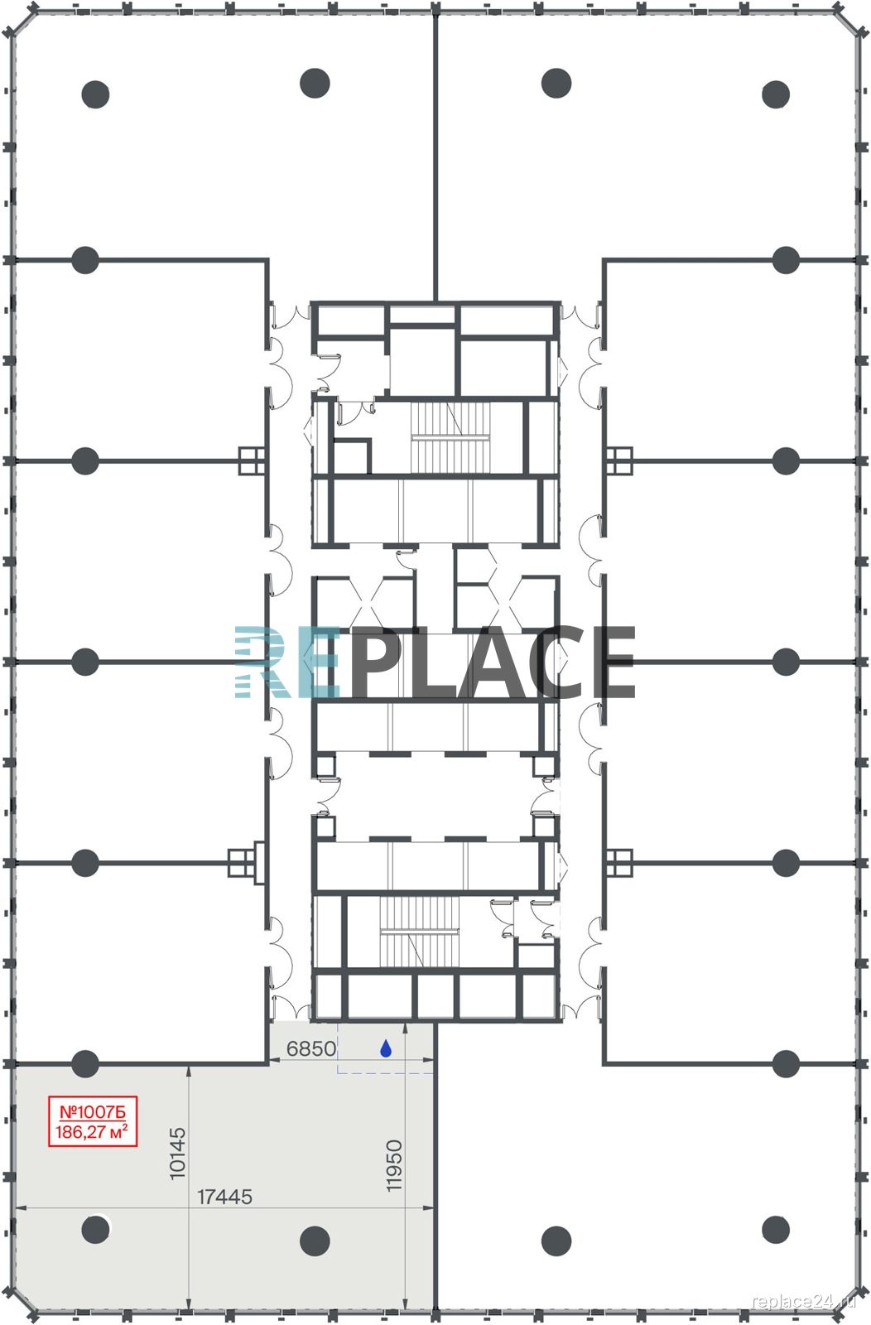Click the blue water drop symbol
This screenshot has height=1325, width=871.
click(x=386, y=1048)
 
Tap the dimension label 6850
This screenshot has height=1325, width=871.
click(x=311, y=1048)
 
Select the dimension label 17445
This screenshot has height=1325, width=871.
click(x=224, y=1197)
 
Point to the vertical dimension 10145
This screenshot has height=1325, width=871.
click(x=177, y=1153)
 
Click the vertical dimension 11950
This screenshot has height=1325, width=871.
click(x=394, y=1165)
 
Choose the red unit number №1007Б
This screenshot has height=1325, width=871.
click(x=93, y=1111)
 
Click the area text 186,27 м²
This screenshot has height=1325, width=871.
click(x=92, y=1132)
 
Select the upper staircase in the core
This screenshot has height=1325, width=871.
click(x=450, y=437)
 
